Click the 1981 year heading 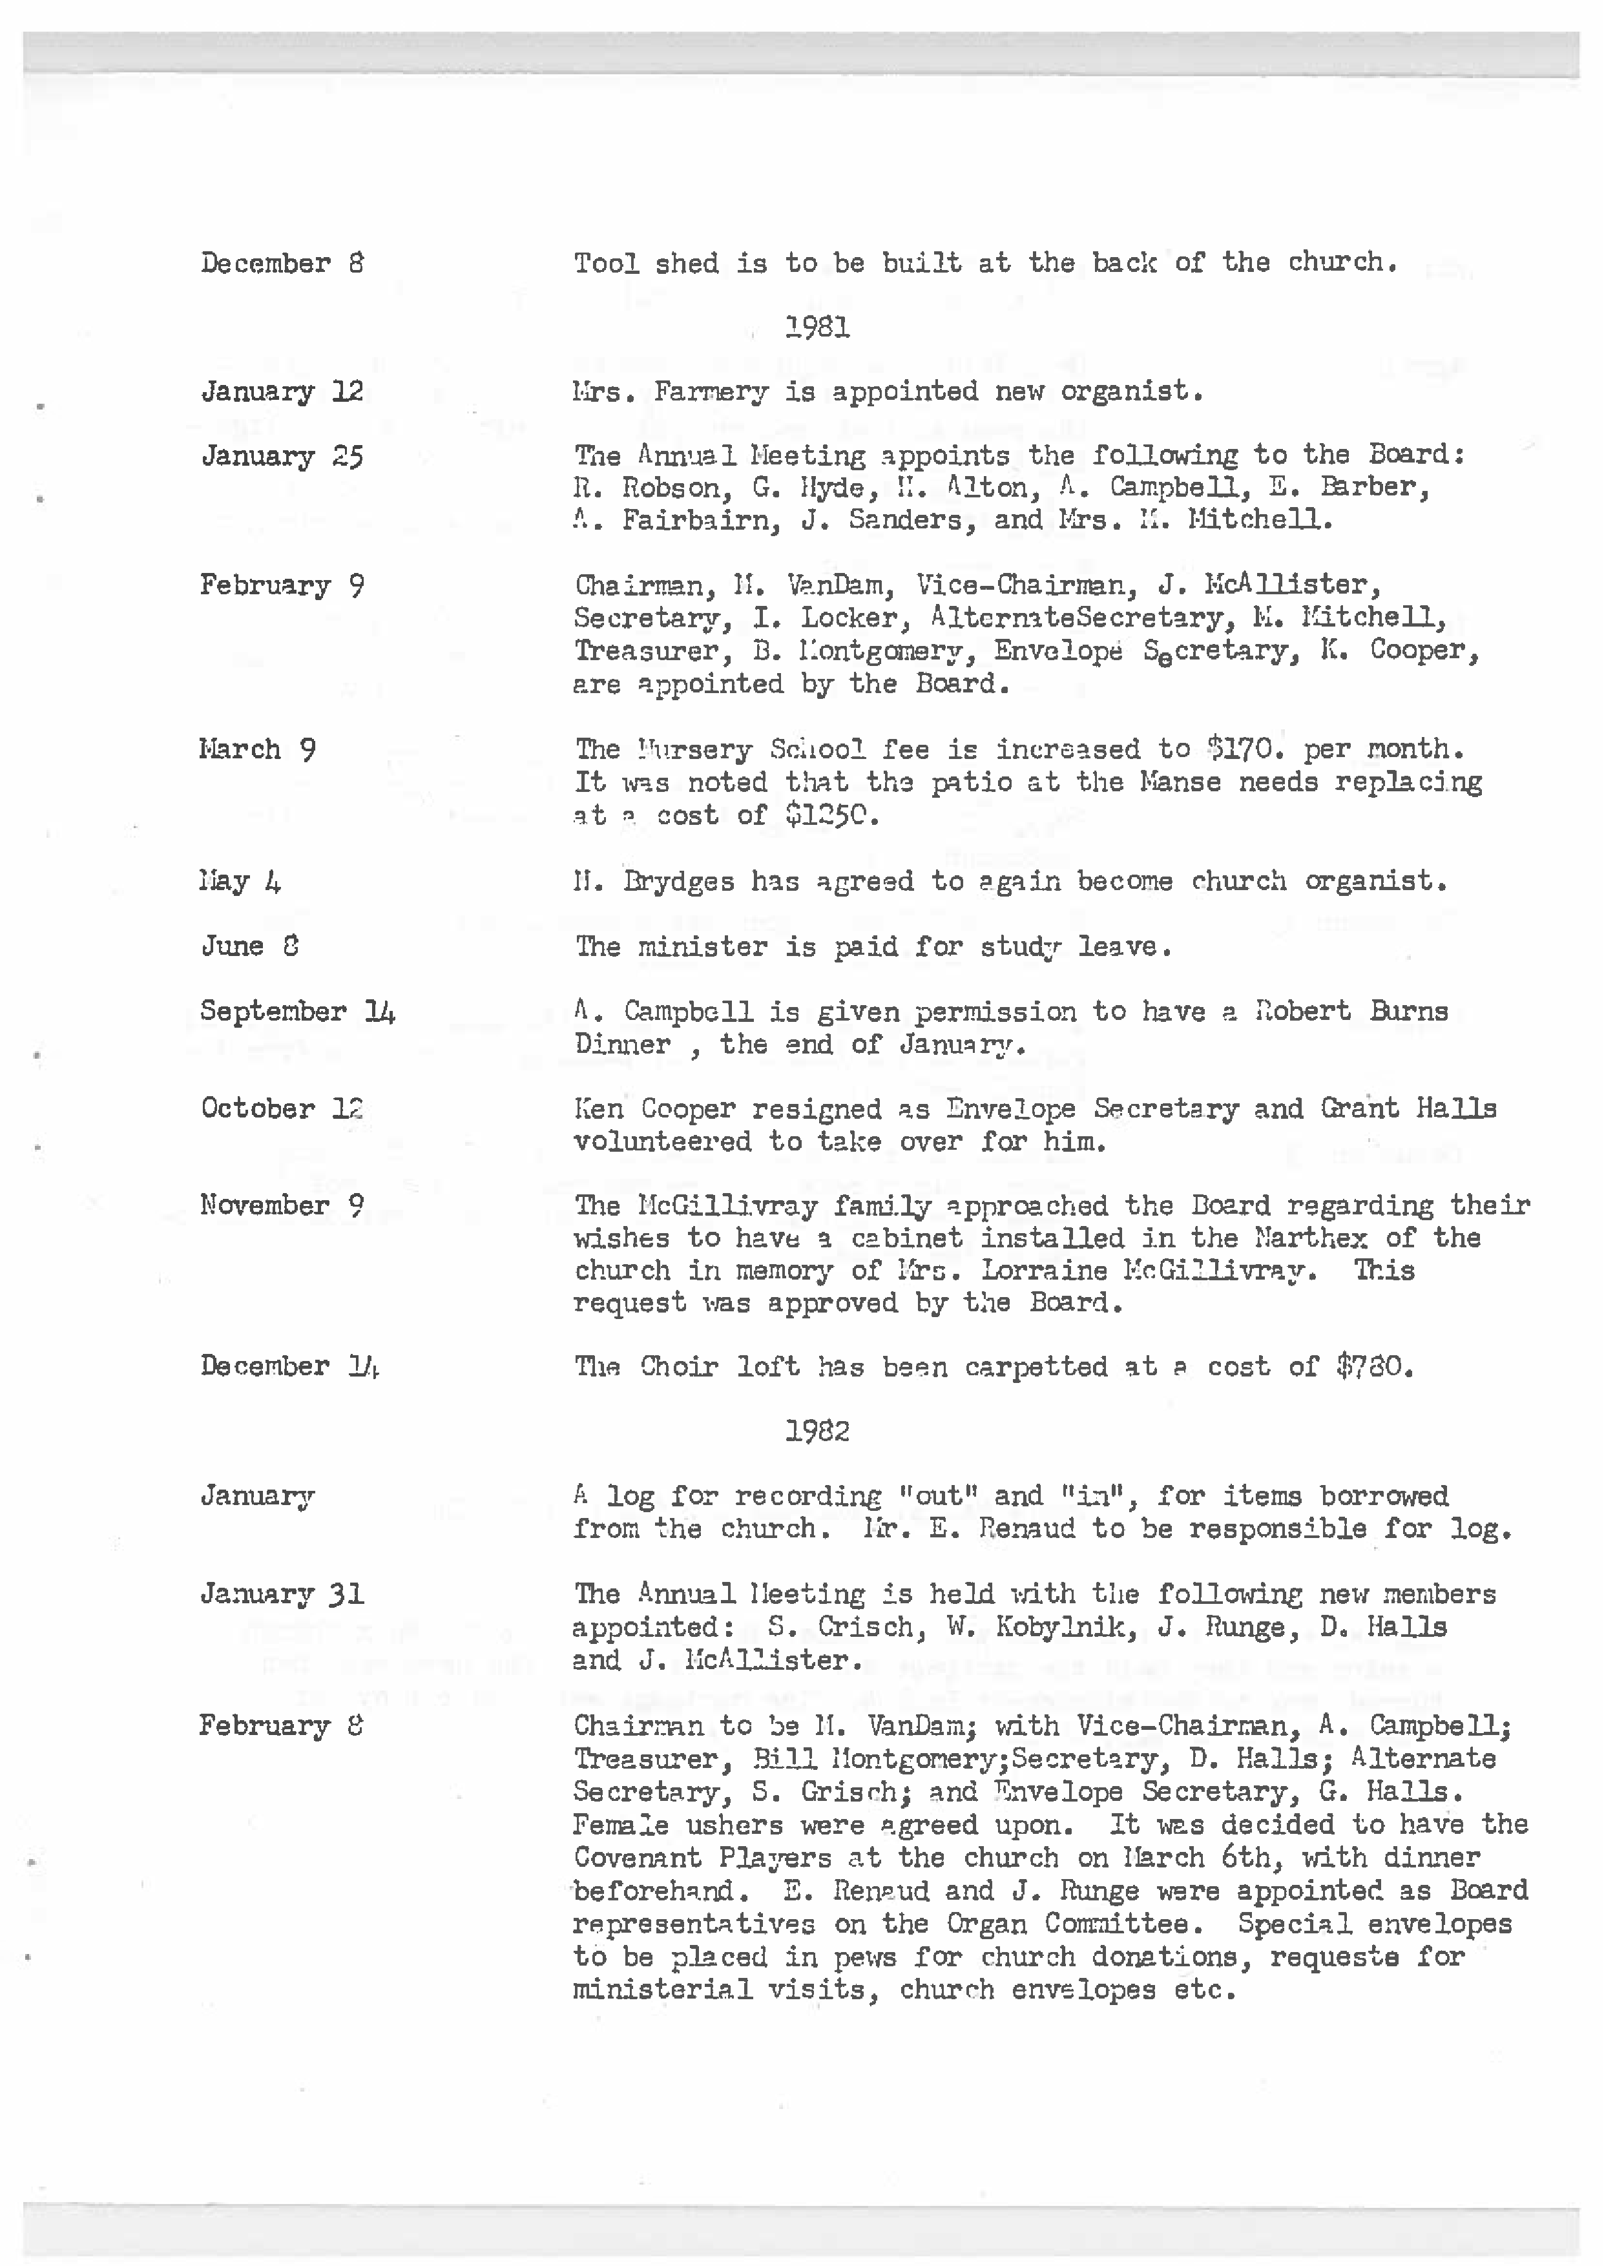click(x=817, y=327)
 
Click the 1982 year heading click(x=817, y=1431)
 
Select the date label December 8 click(x=282, y=263)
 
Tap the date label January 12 click(x=282, y=392)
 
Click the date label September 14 click(x=297, y=1012)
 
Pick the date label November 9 click(x=282, y=1205)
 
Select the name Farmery click(x=710, y=392)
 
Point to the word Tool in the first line click(x=605, y=263)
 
